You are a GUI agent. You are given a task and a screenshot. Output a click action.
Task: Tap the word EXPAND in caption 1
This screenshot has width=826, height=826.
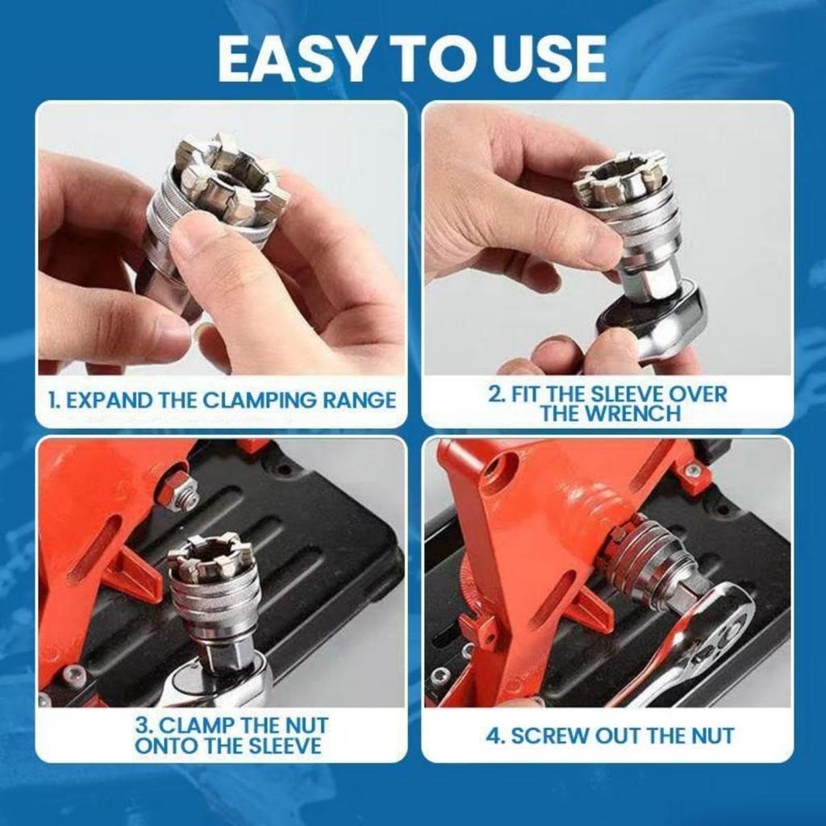[x=114, y=400]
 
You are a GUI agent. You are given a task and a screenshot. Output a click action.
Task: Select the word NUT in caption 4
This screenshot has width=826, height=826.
[x=711, y=736]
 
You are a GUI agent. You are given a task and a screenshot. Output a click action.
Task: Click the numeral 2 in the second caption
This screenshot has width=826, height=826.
[x=494, y=394]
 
